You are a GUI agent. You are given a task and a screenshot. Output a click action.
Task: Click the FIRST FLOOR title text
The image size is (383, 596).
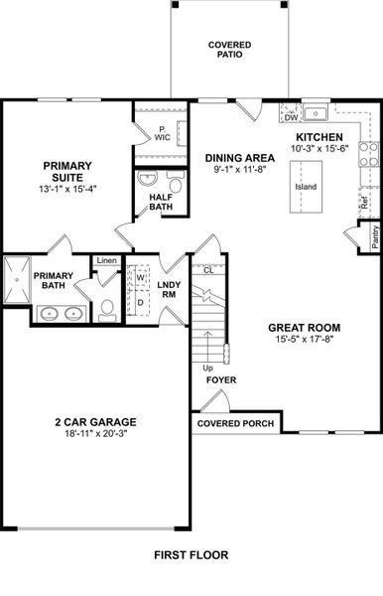(191, 557)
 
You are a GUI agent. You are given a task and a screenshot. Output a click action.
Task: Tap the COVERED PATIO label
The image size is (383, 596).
(229, 51)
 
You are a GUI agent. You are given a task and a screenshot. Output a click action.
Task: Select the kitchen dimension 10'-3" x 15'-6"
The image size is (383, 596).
(318, 149)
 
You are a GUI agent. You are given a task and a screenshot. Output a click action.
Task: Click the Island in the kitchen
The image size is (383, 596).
(306, 186)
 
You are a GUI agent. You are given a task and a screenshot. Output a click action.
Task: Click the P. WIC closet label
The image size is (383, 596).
(161, 135)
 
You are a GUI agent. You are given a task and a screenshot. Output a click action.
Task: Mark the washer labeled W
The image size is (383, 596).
(140, 277)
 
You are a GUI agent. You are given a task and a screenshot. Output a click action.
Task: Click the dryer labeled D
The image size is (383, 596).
(140, 301)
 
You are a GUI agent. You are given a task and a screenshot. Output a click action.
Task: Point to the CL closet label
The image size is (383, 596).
(208, 269)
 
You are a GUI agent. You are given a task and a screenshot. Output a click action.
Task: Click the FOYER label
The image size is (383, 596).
(220, 379)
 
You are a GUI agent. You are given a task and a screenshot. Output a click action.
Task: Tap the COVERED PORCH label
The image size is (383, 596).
(236, 423)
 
